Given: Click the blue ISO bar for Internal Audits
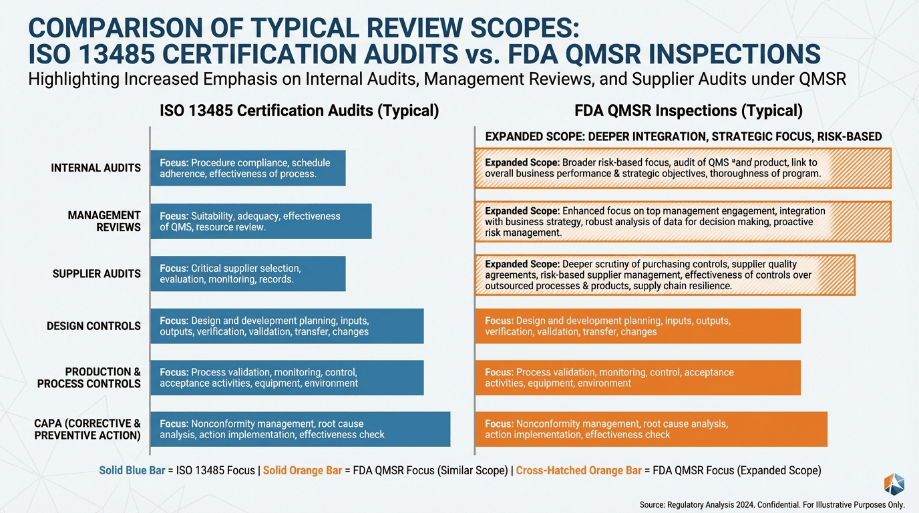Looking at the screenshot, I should coord(248,168).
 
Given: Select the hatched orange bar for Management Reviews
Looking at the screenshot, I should coord(683,221).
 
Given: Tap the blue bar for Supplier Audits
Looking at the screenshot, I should coord(248,273).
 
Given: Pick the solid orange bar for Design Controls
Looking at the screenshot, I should coord(637,326).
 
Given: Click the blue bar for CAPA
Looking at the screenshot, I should coord(300,429).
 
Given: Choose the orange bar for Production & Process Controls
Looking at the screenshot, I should coord(637,377).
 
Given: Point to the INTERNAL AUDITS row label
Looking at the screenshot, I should coord(96,168).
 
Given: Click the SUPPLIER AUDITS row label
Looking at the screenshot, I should coord(96,273).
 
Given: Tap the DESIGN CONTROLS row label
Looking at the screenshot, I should coord(94,326).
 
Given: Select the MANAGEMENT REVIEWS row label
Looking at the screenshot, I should coord(104,221).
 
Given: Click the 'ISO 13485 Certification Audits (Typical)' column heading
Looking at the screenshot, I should coord(299,111).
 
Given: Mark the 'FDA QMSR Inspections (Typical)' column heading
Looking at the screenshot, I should coord(689,111).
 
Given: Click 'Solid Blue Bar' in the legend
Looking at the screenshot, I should coord(132,470).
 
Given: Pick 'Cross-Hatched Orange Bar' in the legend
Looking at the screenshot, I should coord(578,470).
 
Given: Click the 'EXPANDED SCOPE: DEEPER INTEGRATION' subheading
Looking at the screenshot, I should coord(595,136).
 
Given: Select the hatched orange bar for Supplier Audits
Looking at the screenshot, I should coord(665,275).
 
